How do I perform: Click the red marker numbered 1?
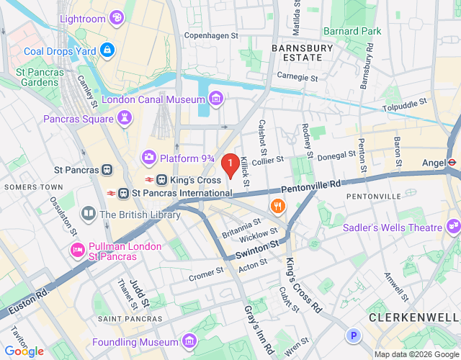pyautogui.click(x=230, y=166)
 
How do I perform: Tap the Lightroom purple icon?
pyautogui.click(x=116, y=18)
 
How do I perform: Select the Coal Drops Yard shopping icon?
pyautogui.click(x=107, y=50)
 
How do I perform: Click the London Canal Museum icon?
pyautogui.click(x=215, y=99)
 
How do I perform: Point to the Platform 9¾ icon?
pyautogui.click(x=149, y=156)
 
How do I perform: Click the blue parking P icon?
pyautogui.click(x=353, y=335)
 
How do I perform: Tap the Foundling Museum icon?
pyautogui.click(x=189, y=340)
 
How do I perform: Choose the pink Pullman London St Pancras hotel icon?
pyautogui.click(x=78, y=249)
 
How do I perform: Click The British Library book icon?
pyautogui.click(x=89, y=214)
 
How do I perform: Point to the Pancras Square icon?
pyautogui.click(x=127, y=117)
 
